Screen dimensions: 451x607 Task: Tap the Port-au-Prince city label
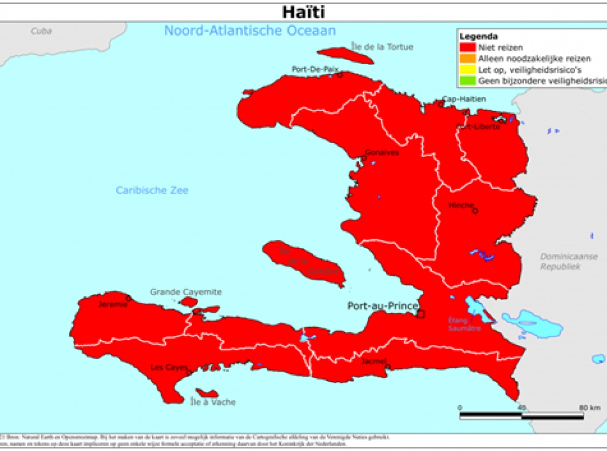point(382,306)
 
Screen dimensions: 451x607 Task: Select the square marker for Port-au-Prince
point(420,314)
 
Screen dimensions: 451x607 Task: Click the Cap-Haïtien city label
point(464,99)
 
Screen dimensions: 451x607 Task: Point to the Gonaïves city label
point(382,152)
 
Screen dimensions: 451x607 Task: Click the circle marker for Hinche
point(475,211)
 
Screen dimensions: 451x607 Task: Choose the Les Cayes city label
point(169,367)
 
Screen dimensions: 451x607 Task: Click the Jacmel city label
point(374,362)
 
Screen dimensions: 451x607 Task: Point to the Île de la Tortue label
point(382,47)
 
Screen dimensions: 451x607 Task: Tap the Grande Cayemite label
point(186,292)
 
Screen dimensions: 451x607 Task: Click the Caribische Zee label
point(152,191)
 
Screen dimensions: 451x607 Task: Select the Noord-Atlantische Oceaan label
point(250,31)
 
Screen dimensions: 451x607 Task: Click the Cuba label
point(41,31)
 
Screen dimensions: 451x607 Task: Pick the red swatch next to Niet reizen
point(467,48)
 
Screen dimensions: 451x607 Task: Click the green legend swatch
point(467,80)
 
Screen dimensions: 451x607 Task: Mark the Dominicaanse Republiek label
point(561,261)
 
